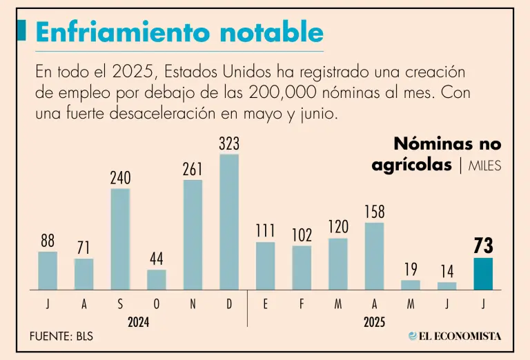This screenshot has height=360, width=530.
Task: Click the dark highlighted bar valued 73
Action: click(x=483, y=274)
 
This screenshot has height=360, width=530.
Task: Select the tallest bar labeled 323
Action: click(x=229, y=221)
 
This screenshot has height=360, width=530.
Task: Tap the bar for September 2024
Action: click(x=120, y=239)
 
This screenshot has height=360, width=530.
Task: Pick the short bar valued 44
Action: click(x=157, y=279)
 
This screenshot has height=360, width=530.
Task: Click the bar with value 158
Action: click(x=374, y=256)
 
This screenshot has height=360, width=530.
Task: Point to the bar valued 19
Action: click(x=411, y=284)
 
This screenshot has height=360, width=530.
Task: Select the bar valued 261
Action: click(x=193, y=234)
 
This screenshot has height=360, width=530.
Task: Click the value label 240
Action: click(x=120, y=178)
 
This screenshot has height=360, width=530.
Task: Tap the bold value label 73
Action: click(x=483, y=246)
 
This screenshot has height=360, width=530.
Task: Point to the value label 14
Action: click(x=446, y=271)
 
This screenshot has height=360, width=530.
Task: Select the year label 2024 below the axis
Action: click(x=139, y=321)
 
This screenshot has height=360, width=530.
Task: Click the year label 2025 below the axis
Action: click(x=375, y=321)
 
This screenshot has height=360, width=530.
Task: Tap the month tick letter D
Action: click(x=229, y=304)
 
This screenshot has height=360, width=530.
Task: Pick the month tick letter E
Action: click(x=265, y=304)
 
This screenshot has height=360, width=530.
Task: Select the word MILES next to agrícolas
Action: click(x=484, y=166)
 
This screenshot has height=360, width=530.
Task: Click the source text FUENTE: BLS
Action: click(x=61, y=337)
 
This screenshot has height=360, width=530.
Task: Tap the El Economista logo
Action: click(x=455, y=336)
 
